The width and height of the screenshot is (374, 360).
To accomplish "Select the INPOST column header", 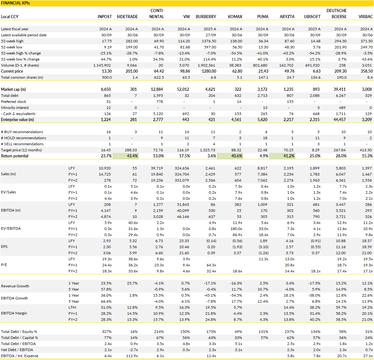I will (105, 17).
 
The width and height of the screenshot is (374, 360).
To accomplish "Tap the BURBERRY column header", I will (206, 17).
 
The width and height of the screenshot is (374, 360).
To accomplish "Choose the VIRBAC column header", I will (365, 17).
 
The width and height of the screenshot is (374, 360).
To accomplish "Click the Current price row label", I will (12, 71).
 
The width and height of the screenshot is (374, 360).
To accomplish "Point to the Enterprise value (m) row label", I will (17, 120).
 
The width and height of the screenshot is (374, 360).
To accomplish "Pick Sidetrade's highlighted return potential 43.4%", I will (132, 156).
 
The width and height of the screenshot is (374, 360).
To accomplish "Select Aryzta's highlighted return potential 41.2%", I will (289, 156).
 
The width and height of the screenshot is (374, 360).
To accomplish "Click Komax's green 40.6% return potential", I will (236, 156).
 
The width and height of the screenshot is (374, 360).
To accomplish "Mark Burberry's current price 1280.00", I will (209, 71).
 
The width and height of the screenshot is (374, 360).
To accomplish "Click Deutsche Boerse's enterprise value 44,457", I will (339, 120).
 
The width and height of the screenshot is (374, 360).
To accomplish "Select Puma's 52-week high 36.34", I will (263, 41).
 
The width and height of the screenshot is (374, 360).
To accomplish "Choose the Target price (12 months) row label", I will (21, 150).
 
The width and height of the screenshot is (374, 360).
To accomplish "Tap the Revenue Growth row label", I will (15, 286).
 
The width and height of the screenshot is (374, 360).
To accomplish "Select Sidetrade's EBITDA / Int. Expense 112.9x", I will (131, 356).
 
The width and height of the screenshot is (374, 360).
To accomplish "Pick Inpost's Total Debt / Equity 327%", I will (107, 332).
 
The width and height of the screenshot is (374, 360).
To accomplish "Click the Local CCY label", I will (10, 17).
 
